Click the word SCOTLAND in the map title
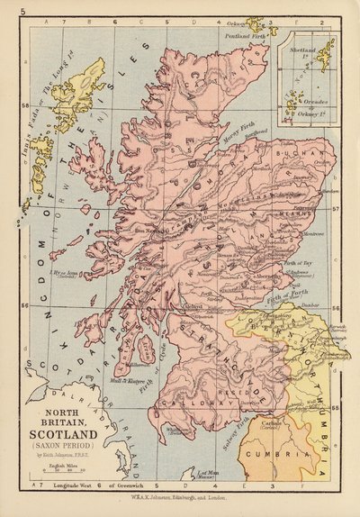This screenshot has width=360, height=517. point(60,430)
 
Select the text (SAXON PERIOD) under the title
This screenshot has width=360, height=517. point(60,444)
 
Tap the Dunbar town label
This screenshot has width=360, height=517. point(308,314)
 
